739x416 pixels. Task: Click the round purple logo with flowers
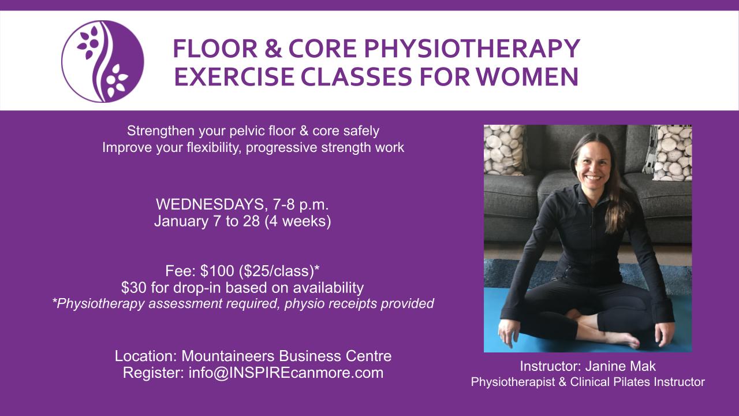(103, 61)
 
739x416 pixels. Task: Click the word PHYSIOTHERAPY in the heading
(472, 49)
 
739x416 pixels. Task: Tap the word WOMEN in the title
(527, 77)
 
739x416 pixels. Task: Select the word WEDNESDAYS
(210, 205)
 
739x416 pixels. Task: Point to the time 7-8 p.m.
(301, 205)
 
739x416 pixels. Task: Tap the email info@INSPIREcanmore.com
(286, 373)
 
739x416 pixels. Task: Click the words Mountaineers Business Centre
(286, 356)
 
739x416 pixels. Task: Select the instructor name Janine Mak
(621, 366)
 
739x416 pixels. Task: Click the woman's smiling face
(593, 164)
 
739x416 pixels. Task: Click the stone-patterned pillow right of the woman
(672, 153)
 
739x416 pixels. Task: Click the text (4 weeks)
(297, 221)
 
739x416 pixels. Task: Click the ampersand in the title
(273, 49)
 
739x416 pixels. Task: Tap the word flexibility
(212, 147)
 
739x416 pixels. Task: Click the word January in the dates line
(181, 221)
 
